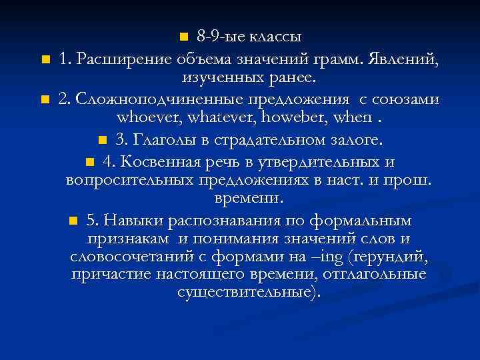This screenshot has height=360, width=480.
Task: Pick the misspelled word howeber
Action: pos(285,119)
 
